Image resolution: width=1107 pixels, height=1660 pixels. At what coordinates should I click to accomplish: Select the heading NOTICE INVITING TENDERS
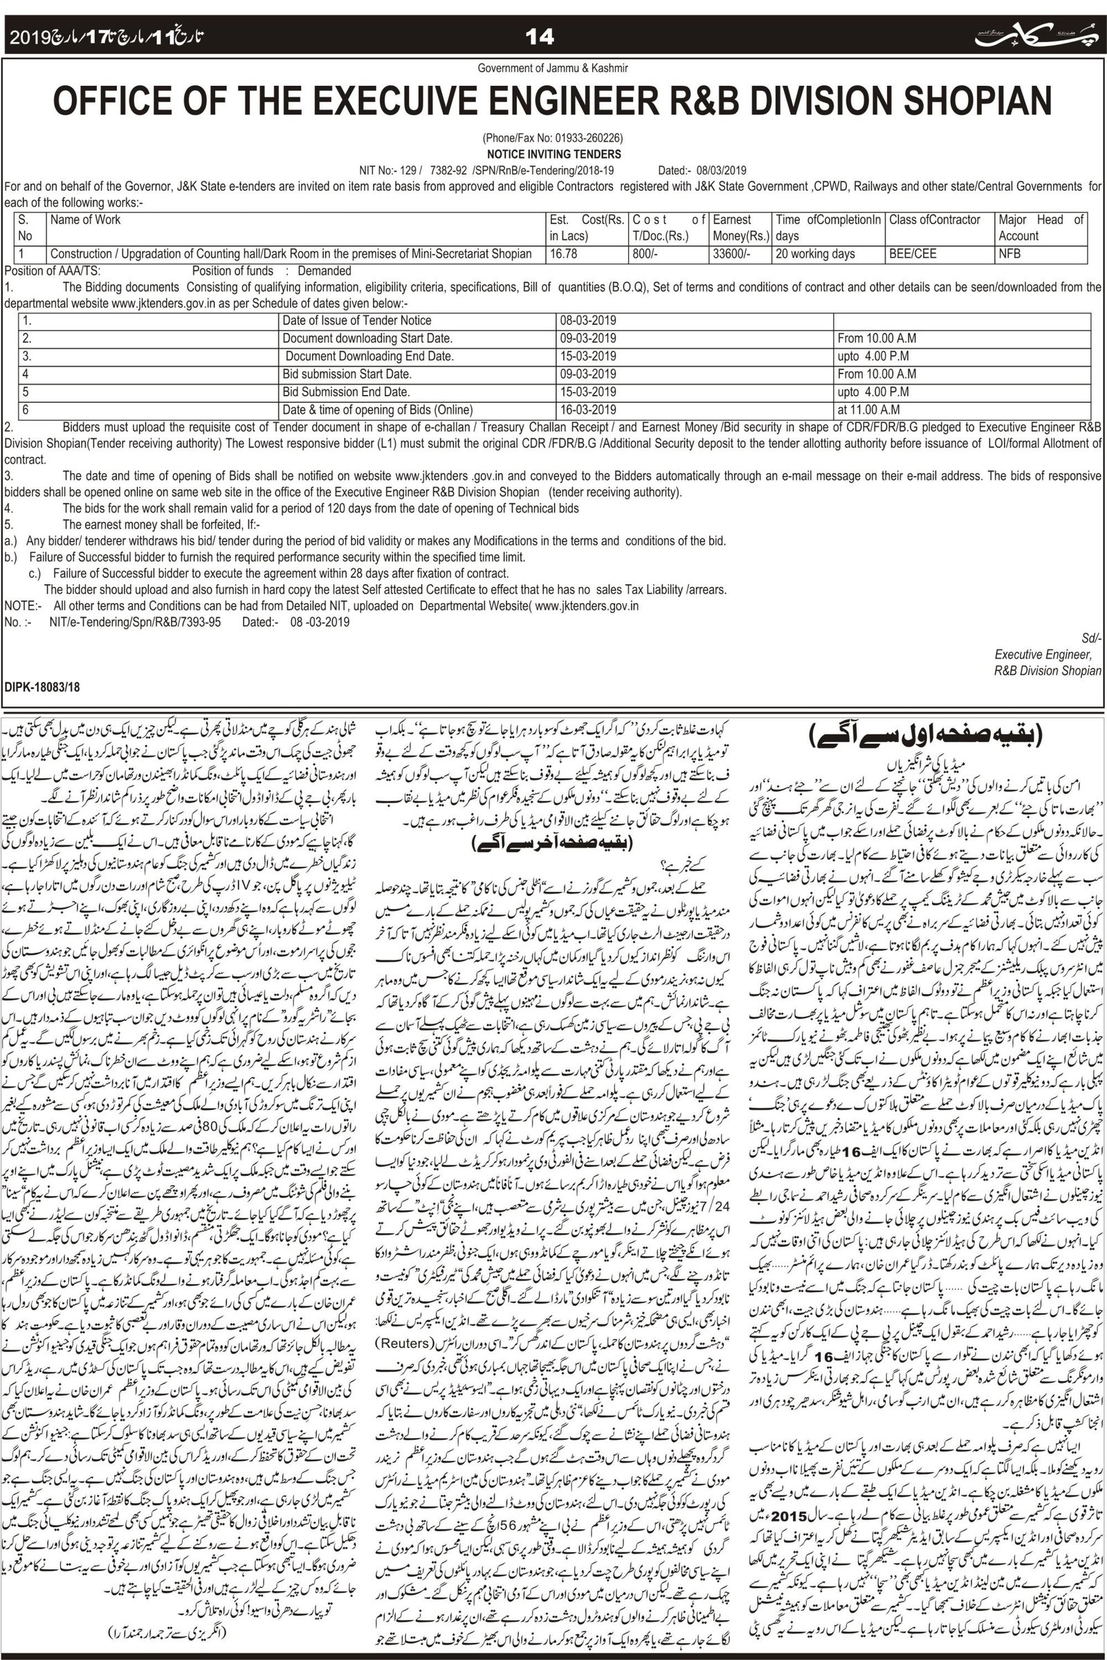(553, 154)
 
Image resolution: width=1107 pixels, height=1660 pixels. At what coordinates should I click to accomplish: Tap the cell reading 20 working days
(815, 254)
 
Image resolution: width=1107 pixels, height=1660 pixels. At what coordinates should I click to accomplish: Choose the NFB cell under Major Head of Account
(1009, 254)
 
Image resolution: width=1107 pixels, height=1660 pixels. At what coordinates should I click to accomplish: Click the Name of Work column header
(85, 220)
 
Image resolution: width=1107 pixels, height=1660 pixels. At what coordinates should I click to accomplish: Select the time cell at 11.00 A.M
(868, 410)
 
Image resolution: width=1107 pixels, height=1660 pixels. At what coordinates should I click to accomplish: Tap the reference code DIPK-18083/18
(42, 686)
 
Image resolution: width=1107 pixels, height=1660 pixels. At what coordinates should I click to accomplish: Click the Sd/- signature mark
(1092, 638)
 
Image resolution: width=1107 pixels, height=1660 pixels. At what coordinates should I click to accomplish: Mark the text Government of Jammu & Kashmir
(553, 68)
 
